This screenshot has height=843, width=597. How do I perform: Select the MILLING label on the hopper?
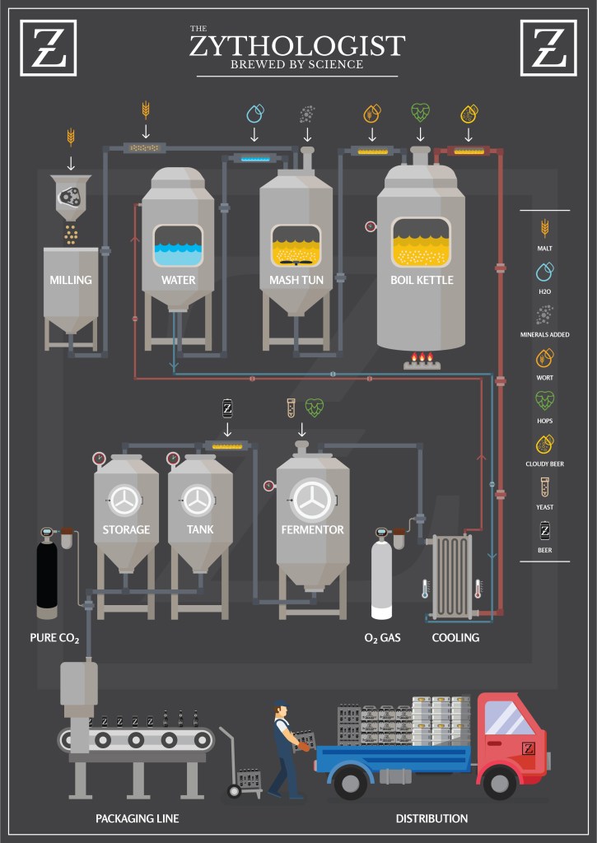point(71,280)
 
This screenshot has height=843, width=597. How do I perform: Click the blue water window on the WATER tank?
point(178,245)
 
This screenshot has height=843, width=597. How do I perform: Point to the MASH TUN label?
point(296,280)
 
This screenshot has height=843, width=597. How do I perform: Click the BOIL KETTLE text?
point(422,280)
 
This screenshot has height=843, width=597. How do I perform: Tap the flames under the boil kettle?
point(421,357)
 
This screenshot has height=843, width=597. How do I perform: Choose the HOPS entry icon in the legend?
point(544,401)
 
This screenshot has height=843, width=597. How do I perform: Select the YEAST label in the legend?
point(544,507)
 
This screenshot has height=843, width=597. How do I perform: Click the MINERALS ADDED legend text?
point(544,335)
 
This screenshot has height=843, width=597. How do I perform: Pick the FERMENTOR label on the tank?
point(312,529)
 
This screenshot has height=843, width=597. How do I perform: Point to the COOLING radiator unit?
point(451,576)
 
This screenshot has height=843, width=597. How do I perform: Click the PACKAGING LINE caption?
point(137,818)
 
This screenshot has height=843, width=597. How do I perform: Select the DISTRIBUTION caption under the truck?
point(431,818)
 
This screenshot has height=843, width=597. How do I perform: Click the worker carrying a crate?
point(285,749)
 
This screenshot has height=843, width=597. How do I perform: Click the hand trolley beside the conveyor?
point(239,770)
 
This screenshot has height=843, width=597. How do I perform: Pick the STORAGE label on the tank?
point(126,529)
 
